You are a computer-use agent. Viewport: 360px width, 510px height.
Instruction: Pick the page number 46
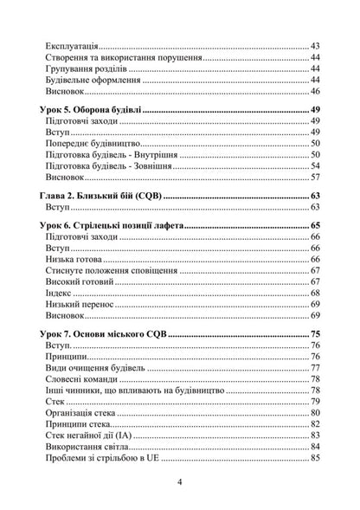click(315, 91)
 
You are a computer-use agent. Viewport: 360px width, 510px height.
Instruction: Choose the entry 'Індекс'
click(63, 294)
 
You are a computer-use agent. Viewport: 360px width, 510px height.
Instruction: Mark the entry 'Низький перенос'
click(84, 305)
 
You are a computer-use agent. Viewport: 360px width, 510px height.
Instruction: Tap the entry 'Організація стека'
click(86, 412)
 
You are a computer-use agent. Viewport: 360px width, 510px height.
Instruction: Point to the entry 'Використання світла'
click(92, 446)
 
